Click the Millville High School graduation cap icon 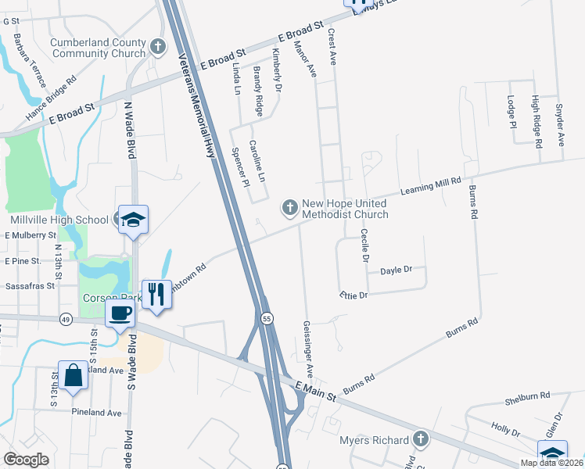pyautogui.click(x=133, y=220)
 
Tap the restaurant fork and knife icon pyautogui.click(x=156, y=295)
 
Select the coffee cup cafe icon pyautogui.click(x=120, y=314)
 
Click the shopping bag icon pyautogui.click(x=73, y=375)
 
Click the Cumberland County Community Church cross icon pyautogui.click(x=159, y=47)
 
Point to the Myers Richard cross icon pyautogui.click(x=421, y=439)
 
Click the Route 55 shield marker pyautogui.click(x=267, y=319)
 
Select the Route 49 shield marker pyautogui.click(x=64, y=319)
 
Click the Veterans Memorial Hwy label pyautogui.click(x=197, y=108)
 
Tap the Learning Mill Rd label pyautogui.click(x=431, y=186)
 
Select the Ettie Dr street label pyautogui.click(x=354, y=295)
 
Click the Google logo pyautogui.click(x=26, y=459)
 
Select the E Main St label pyautogui.click(x=315, y=391)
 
